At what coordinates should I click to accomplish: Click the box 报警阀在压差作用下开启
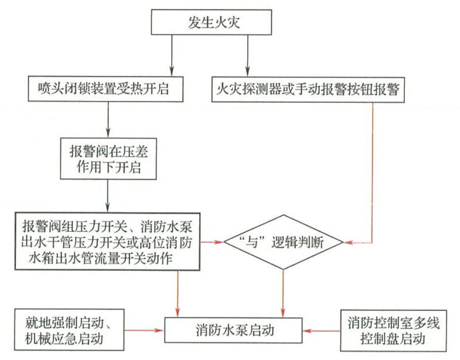(x=108, y=159)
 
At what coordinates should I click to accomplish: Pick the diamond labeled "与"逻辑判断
(x=283, y=242)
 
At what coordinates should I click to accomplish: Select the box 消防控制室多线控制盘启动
(x=394, y=330)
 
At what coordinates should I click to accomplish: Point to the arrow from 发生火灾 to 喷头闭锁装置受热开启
(x=172, y=56)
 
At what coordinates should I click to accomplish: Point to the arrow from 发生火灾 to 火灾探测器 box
(x=247, y=56)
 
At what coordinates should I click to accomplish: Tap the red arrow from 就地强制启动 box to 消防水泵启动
(x=145, y=331)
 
